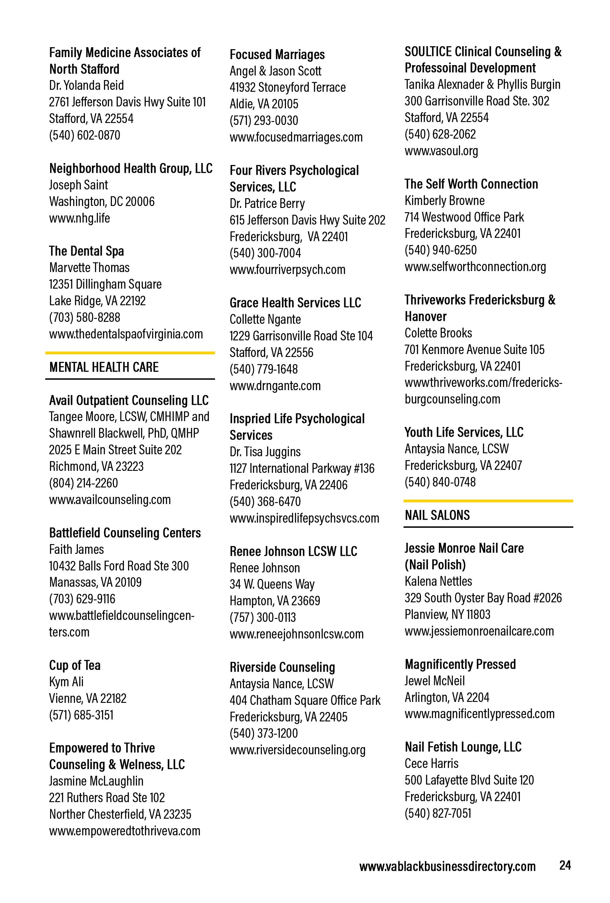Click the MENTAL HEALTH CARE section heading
104,367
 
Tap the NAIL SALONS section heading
437,515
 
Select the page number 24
565,865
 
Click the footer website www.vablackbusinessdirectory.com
447,866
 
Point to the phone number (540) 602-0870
85,135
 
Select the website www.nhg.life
79,218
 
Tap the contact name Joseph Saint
78,185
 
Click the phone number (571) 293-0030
264,120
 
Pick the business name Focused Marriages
277,54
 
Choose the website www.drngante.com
275,386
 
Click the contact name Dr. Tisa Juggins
265,452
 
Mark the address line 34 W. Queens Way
272,584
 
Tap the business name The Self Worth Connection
471,184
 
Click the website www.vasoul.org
441,151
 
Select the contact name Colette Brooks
438,333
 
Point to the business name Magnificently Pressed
460,664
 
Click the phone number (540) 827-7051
438,813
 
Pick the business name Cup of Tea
75,665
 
